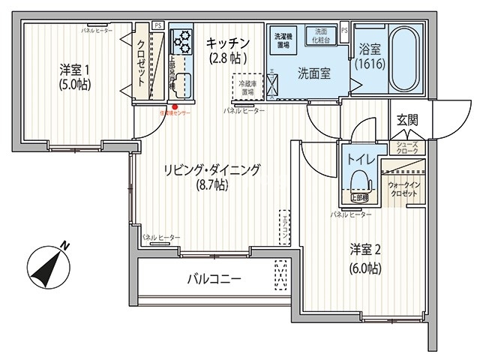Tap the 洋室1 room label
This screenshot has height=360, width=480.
tap(74, 70)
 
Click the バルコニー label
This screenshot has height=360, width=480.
tap(214, 280)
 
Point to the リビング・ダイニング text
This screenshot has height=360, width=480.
tap(212, 170)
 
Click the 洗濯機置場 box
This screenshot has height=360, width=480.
tap(284, 40)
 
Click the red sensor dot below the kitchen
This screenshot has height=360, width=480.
tap(175, 106)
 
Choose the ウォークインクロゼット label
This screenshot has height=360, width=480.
tap(403, 187)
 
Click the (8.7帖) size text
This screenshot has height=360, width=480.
tap(211, 185)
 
